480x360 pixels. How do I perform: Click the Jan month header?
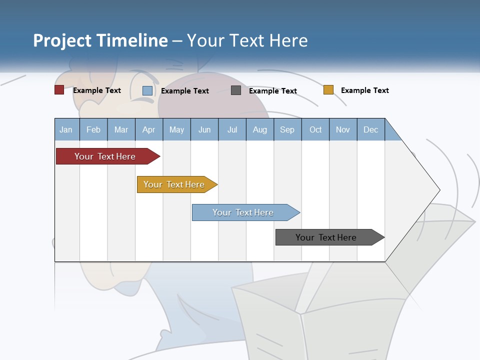66,129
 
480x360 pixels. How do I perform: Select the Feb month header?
93,129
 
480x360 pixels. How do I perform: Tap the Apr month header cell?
149,129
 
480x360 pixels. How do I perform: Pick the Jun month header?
204,129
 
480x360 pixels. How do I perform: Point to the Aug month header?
260,129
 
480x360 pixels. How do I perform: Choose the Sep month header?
287,129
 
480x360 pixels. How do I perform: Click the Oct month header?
315,129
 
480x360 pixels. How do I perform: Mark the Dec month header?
371,129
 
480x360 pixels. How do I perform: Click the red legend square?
59,90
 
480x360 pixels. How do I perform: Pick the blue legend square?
147,90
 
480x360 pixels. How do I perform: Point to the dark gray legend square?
236,90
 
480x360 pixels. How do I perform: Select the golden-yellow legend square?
328,90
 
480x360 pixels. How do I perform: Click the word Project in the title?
63,40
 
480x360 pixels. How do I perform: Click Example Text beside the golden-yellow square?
365,90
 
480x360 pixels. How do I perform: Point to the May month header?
176,129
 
